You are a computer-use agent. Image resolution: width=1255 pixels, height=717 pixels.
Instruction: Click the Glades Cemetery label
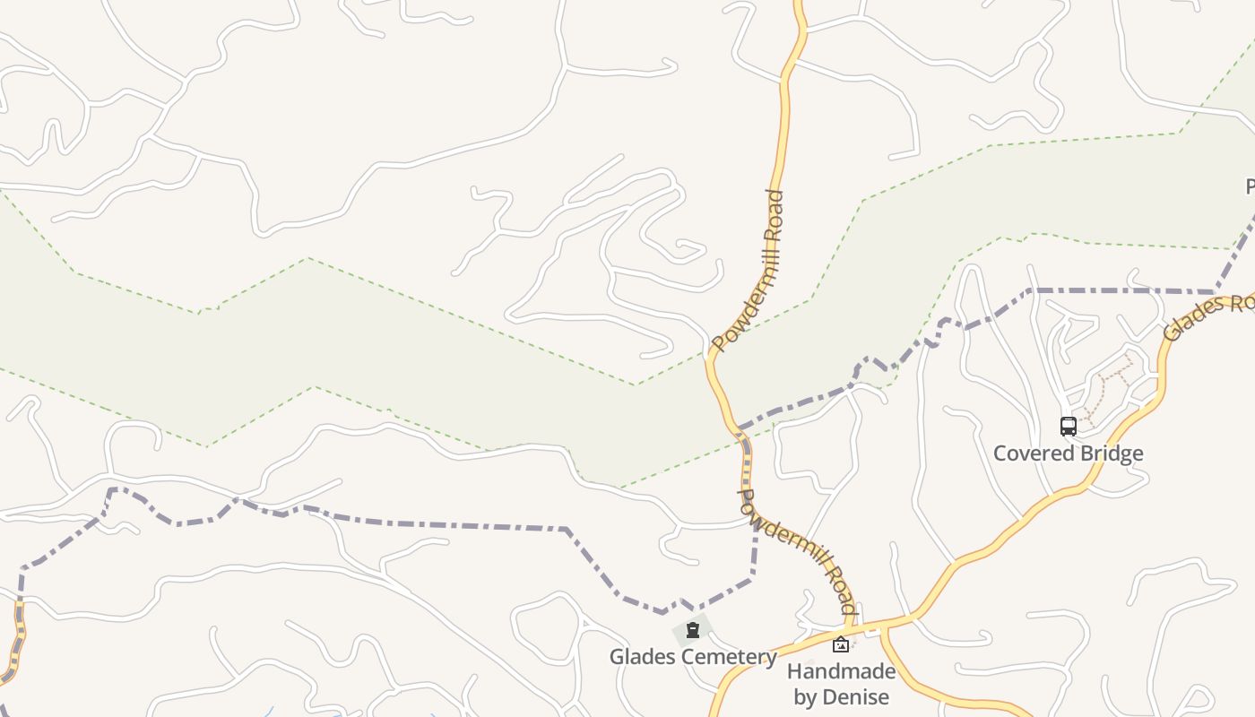693,657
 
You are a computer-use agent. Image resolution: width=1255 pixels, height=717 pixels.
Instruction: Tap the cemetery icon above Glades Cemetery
693,630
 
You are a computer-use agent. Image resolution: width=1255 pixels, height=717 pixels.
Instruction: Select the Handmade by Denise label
841,684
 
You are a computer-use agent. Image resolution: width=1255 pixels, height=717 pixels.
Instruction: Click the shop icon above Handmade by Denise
841,644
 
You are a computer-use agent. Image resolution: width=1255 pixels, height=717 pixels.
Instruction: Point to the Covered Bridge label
1068,453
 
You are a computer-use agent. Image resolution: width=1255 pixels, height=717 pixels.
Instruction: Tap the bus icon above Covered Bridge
1068,426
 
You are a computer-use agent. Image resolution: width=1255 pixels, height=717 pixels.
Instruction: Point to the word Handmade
841,671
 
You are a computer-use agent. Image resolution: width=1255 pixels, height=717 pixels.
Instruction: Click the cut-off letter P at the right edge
1250,186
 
